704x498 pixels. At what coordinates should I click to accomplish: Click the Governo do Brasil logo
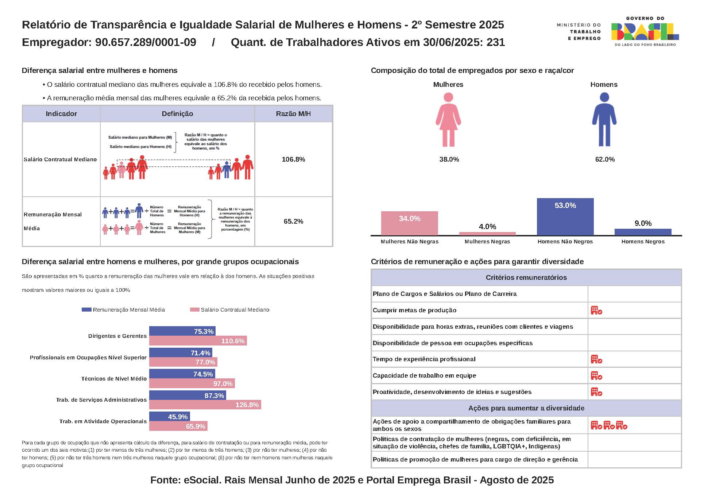pyautogui.click(x=645, y=32)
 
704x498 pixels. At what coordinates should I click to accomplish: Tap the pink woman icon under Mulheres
pyautogui.click(x=448, y=120)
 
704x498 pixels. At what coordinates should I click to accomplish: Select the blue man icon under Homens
pyautogui.click(x=604, y=120)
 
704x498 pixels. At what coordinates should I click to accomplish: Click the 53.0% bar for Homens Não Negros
pyautogui.click(x=565, y=217)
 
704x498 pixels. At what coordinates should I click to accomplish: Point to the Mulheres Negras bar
pyautogui.click(x=487, y=233)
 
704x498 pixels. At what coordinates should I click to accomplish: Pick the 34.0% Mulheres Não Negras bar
pyautogui.click(x=409, y=223)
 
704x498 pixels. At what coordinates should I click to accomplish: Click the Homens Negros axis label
pyautogui.click(x=643, y=242)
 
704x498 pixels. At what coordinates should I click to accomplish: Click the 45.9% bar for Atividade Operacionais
pyautogui.click(x=169, y=417)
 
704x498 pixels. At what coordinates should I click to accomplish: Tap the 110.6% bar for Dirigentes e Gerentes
pyautogui.click(x=198, y=341)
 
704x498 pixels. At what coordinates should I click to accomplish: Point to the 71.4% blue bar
pyautogui.click(x=181, y=353)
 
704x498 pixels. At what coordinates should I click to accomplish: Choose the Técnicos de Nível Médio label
pyautogui.click(x=114, y=379)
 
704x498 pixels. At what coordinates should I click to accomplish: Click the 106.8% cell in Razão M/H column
pyautogui.click(x=293, y=159)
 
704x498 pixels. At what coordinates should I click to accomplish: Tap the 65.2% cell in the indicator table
pyautogui.click(x=293, y=221)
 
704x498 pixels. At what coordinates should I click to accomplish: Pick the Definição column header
pyautogui.click(x=177, y=114)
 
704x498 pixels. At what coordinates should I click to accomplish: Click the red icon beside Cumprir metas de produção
pyautogui.click(x=596, y=310)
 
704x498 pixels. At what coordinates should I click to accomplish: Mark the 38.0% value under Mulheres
pyautogui.click(x=449, y=159)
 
